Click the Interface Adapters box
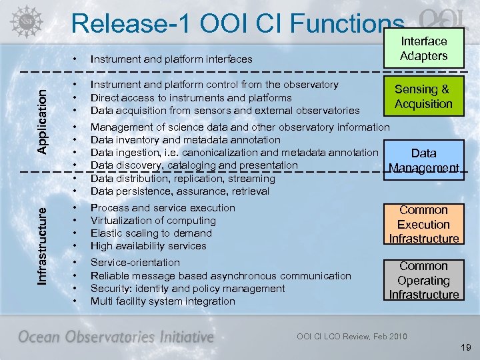point(423,49)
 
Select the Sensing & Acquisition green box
point(423,97)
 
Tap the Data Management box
point(423,160)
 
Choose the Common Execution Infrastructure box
point(423,224)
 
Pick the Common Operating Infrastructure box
point(423,280)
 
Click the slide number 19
point(465,347)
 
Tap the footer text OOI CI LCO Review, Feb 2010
point(351,336)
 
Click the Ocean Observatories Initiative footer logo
point(115,337)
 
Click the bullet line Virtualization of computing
point(153,221)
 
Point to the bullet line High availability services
point(148,246)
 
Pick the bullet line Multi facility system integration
point(163,301)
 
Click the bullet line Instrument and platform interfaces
point(171,59)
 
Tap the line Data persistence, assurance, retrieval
point(179,191)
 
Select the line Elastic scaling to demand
point(151,233)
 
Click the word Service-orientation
point(135,263)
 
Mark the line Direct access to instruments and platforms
point(191,97)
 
